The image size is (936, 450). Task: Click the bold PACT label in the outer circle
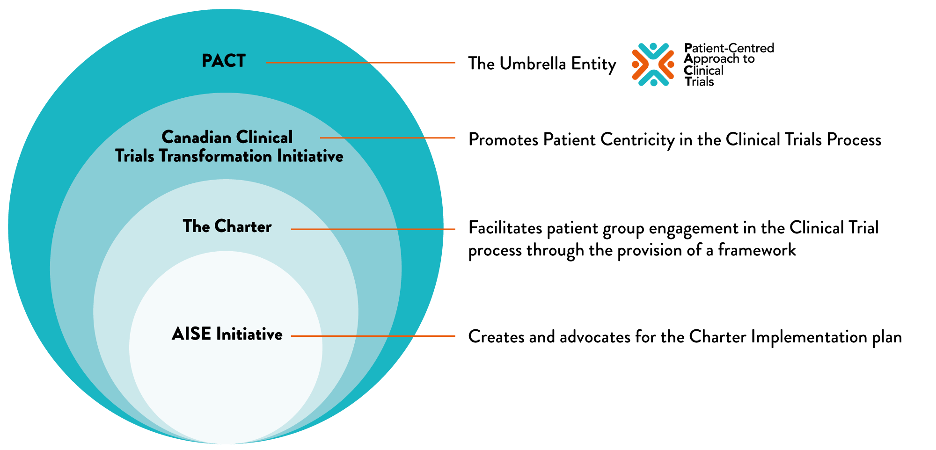(224, 61)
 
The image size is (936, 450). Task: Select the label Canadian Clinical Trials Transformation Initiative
(228, 147)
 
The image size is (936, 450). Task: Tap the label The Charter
(227, 227)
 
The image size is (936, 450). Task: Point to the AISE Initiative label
(227, 334)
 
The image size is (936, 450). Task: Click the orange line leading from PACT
(360, 63)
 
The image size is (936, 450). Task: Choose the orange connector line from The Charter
(373, 229)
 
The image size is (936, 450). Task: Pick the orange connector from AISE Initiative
(373, 336)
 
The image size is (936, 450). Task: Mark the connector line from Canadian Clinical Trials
(388, 138)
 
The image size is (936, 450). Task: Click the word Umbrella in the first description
(526, 64)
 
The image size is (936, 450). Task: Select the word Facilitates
(505, 228)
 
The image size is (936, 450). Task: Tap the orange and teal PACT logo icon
(653, 65)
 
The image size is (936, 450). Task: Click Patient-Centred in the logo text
(729, 48)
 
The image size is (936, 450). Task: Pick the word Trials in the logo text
(699, 82)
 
